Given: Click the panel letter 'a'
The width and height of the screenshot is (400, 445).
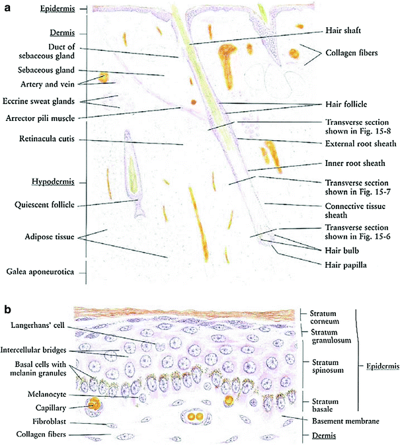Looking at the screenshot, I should click(x=7, y=9).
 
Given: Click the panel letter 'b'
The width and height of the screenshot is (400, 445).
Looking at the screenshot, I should click(x=7, y=308).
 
